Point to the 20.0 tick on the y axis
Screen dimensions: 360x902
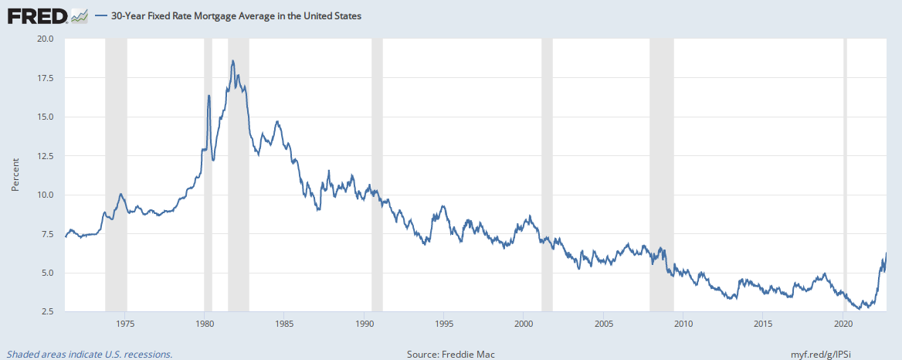click(46, 39)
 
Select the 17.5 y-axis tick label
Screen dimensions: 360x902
click(46, 78)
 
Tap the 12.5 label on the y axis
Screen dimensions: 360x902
click(46, 156)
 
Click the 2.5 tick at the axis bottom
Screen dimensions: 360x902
click(48, 312)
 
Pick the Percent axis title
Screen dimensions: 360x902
click(15, 175)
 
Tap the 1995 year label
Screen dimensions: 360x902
click(443, 323)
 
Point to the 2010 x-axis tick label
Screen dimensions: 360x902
click(683, 323)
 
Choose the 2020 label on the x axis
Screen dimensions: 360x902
click(843, 323)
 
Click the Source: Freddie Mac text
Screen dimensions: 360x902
click(450, 355)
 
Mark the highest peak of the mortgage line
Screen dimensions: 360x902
click(232, 60)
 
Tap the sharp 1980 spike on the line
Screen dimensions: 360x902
click(209, 95)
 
